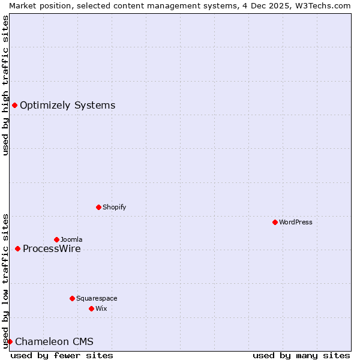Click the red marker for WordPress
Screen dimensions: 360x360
click(275, 222)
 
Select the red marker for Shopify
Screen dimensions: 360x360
click(98, 207)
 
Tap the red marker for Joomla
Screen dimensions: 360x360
click(56, 239)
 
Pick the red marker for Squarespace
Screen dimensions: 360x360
click(72, 298)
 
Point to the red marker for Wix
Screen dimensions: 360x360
click(91, 308)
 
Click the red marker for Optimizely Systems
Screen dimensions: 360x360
click(14, 106)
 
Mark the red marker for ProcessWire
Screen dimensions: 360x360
click(17, 248)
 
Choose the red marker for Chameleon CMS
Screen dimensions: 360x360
click(10, 341)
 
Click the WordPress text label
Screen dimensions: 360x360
click(296, 222)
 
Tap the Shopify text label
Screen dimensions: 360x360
click(115, 207)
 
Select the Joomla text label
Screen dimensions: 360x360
click(71, 239)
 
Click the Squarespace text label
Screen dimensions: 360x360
click(97, 298)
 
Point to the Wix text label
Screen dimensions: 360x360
click(101, 308)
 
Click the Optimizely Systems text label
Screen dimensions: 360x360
click(67, 106)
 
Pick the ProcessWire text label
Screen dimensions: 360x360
click(52, 248)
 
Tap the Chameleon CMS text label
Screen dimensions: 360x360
click(54, 342)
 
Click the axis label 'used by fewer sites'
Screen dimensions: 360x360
click(62, 355)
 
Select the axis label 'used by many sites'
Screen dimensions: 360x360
click(301, 355)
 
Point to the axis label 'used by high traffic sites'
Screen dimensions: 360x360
click(5, 85)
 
